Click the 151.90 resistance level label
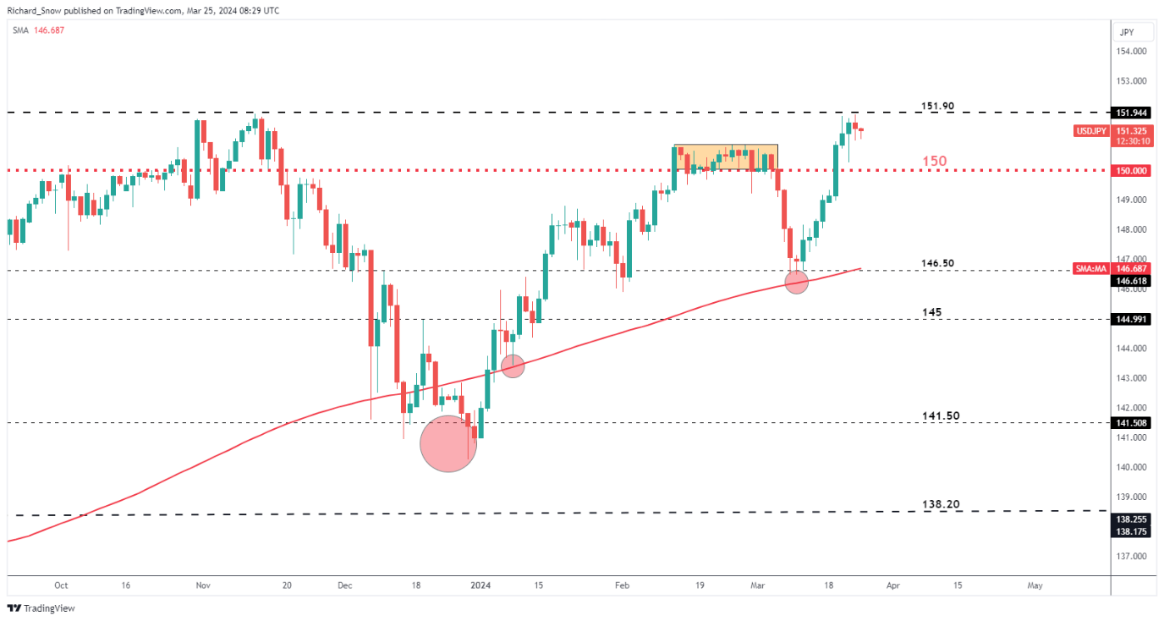coord(937,107)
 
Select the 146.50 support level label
coord(937,264)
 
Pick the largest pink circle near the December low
coord(448,442)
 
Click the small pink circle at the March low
coord(796,283)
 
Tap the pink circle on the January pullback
coord(513,366)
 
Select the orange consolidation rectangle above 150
coord(725,157)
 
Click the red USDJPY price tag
coord(1090,131)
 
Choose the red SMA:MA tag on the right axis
coord(1090,267)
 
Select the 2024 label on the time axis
coord(480,585)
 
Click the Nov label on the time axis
coord(202,585)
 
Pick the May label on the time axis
coord(1035,585)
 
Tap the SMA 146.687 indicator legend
coord(38,30)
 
